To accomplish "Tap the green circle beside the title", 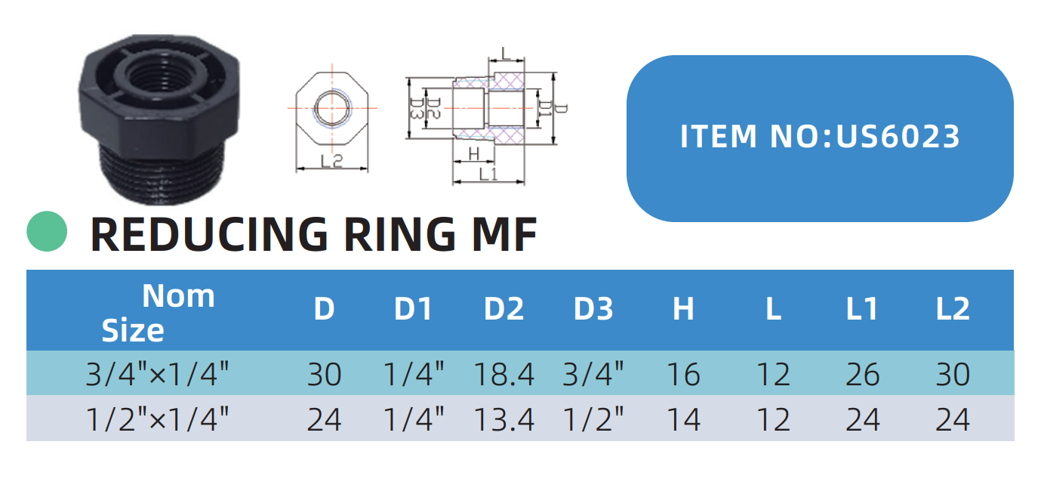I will tap(48, 231).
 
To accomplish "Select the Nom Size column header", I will tap(159, 312).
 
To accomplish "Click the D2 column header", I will tap(504, 310).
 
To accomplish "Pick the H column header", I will tap(682, 310).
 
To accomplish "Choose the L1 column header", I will tap(862, 310).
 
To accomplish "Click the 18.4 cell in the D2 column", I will tap(504, 374).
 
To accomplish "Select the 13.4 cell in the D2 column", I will tap(504, 419).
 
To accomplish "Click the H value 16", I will tap(682, 374).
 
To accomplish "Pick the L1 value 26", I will tap(862, 374).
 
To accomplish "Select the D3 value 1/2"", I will tap(593, 419).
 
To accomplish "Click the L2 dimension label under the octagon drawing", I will tap(331, 161).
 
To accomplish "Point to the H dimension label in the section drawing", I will tap(473, 153).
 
